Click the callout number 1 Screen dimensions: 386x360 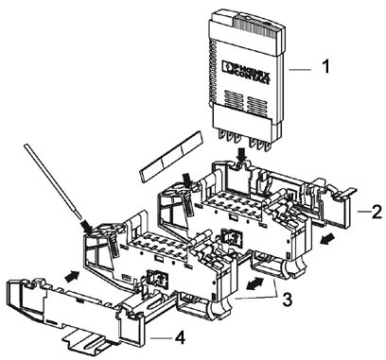pos(325,67)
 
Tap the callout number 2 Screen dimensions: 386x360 pos(377,212)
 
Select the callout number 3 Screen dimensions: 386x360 pos(287,300)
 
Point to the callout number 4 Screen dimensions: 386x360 pos(180,338)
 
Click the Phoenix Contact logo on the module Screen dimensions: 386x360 pos(246,73)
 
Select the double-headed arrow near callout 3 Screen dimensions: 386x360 pos(254,283)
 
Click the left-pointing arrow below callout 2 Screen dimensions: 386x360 pos(326,241)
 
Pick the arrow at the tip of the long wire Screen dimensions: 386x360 pos(86,227)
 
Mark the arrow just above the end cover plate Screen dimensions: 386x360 pos(72,276)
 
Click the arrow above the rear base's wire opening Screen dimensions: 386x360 pos(188,181)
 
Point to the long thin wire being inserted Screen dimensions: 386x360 pos(53,181)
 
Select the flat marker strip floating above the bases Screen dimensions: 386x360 pos(170,157)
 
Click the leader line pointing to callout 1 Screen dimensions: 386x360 pos(301,70)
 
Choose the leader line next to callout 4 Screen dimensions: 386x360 pos(160,338)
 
